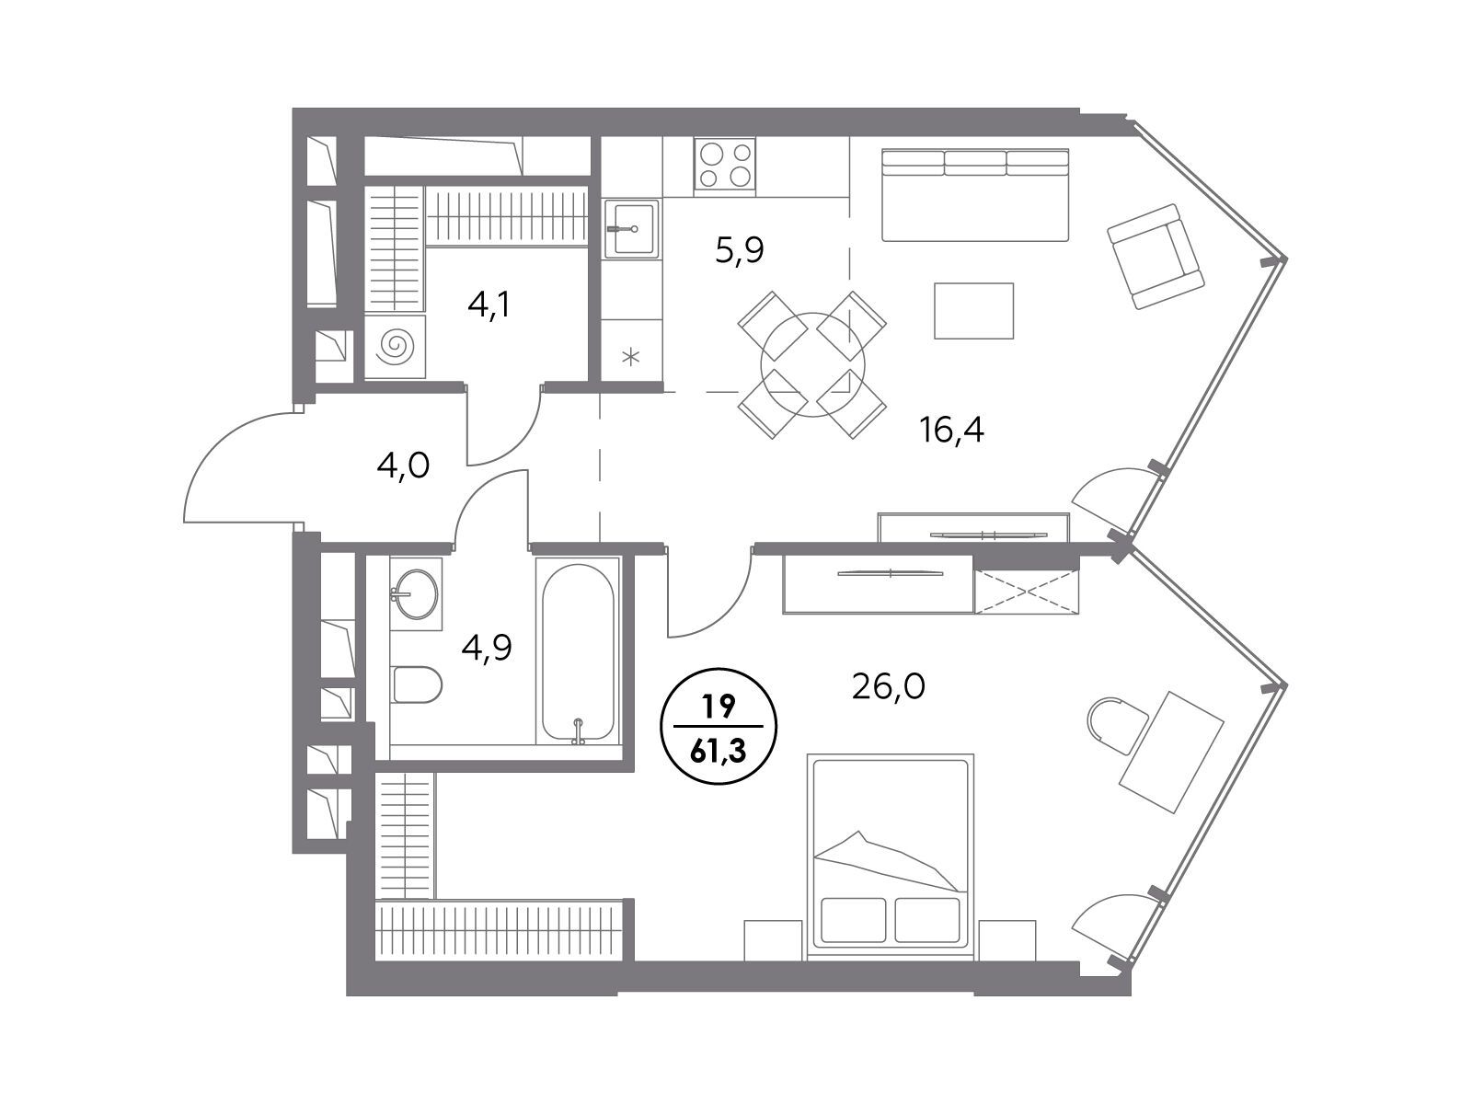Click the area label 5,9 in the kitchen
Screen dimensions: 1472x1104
click(x=740, y=251)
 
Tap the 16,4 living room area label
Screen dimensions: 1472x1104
click(x=951, y=430)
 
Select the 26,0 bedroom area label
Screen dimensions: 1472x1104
click(x=889, y=686)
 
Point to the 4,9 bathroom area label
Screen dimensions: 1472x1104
click(x=487, y=649)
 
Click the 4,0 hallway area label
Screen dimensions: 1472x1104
click(x=403, y=466)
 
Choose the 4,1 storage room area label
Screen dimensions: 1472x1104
click(x=489, y=305)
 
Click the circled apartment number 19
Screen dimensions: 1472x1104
click(x=719, y=706)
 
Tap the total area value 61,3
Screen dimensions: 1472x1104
click(x=719, y=752)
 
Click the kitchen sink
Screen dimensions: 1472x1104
click(x=631, y=228)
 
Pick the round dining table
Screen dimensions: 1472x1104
click(x=812, y=365)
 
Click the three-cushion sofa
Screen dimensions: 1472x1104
click(x=975, y=195)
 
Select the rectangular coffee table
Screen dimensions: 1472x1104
click(x=973, y=310)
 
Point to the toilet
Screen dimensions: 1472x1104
click(x=416, y=684)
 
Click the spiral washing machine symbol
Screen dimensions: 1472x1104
click(x=395, y=347)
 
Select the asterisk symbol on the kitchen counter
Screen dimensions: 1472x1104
click(x=630, y=357)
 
